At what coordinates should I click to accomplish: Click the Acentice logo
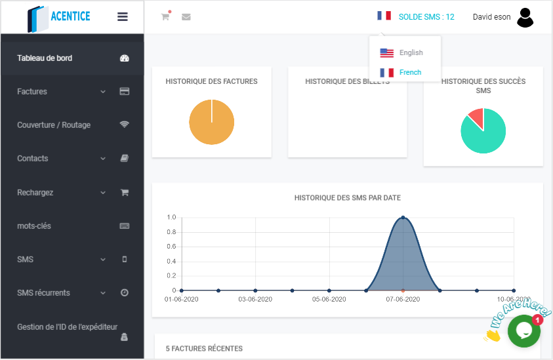(59, 18)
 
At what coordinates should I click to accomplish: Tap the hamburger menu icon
(123, 17)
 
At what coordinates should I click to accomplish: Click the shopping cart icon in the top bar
(165, 16)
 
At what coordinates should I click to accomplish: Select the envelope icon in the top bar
(186, 17)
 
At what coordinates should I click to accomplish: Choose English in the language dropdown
(411, 52)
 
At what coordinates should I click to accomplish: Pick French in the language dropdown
(410, 72)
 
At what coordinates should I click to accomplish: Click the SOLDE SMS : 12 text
(426, 17)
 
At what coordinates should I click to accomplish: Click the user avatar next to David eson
(525, 17)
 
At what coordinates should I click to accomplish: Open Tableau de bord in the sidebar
(45, 58)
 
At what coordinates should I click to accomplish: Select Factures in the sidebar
(32, 92)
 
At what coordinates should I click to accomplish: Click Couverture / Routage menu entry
(54, 125)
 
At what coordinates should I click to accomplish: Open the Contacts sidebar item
(32, 159)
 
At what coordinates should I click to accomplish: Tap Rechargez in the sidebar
(35, 193)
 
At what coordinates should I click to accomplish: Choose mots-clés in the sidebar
(34, 226)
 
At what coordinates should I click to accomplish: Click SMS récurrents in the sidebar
(43, 293)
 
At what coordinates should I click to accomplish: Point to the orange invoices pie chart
(211, 122)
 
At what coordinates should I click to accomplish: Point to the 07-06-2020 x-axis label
(402, 299)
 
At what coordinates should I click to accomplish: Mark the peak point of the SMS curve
(403, 218)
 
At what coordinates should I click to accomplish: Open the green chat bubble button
(523, 331)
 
